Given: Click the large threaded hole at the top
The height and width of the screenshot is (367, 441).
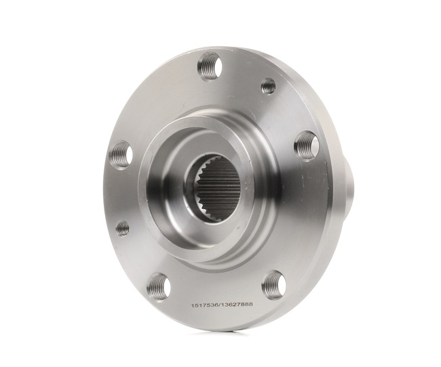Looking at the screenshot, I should pos(210,66).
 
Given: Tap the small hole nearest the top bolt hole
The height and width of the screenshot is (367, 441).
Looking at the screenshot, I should pos(269,86).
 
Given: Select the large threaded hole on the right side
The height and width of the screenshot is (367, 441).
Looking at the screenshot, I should pos(306,145).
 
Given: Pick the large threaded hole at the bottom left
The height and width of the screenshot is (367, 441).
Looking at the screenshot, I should pos(158,286).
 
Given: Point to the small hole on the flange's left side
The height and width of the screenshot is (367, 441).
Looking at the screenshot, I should pos(122,228).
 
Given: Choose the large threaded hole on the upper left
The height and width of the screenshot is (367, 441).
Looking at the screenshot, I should pos(121,155).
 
